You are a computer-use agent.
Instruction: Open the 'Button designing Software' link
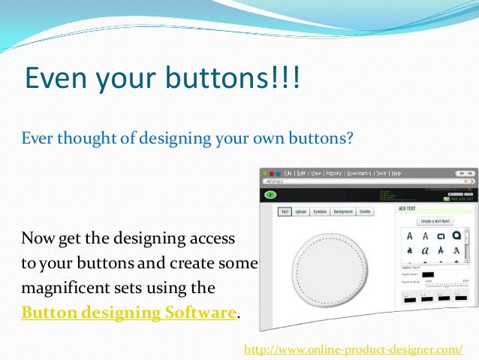pyautogui.click(x=128, y=313)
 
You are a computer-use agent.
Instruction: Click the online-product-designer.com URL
pyautogui.click(x=354, y=349)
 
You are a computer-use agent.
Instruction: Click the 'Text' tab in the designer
pyautogui.click(x=285, y=212)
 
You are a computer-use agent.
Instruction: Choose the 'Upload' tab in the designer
pyautogui.click(x=300, y=212)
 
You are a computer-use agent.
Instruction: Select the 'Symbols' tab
pyautogui.click(x=320, y=212)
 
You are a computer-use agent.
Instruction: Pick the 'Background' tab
pyautogui.click(x=343, y=212)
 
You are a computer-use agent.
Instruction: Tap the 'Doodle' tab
pyautogui.click(x=365, y=212)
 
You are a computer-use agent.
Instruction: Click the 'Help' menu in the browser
pyautogui.click(x=417, y=173)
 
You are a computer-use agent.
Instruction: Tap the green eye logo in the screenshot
pyautogui.click(x=269, y=195)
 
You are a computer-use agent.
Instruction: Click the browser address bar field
pyautogui.click(x=360, y=182)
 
